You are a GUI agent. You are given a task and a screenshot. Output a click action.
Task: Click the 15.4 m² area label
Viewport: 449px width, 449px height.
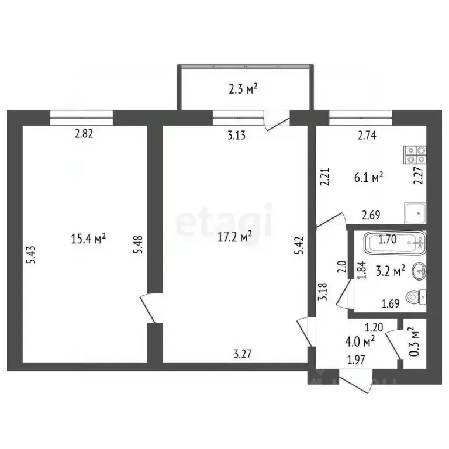(88, 239)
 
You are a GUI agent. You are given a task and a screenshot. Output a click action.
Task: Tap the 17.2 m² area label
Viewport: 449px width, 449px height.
(234, 236)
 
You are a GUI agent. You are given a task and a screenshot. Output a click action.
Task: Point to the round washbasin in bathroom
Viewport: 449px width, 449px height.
(419, 271)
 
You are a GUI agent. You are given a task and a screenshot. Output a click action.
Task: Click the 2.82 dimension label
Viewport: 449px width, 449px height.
(84, 134)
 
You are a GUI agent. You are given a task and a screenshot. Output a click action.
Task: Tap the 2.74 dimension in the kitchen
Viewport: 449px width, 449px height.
(367, 136)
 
